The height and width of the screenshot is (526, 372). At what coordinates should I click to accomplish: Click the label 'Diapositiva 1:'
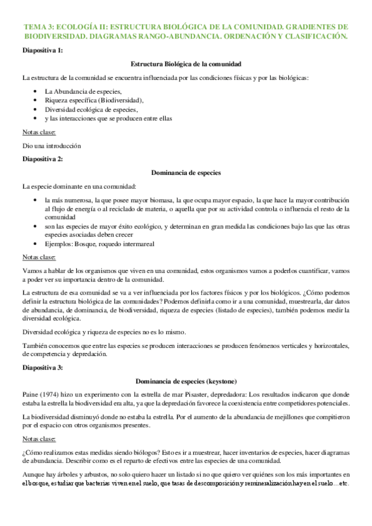[x=42, y=50]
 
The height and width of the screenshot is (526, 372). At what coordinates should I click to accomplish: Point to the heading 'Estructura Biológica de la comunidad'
[x=186, y=64]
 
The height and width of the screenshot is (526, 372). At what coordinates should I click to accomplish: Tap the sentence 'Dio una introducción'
[x=52, y=146]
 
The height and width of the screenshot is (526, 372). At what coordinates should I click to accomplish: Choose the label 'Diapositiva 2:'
[x=42, y=159]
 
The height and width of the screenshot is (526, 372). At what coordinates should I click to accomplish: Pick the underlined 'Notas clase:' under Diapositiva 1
[x=39, y=132]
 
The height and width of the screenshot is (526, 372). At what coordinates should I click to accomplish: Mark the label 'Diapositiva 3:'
[x=42, y=368]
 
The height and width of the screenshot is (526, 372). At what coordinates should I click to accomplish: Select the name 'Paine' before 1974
[x=31, y=394]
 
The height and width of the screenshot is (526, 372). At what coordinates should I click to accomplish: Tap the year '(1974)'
[x=52, y=394]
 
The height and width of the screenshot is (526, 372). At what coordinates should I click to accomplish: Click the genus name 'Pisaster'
[x=200, y=394]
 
